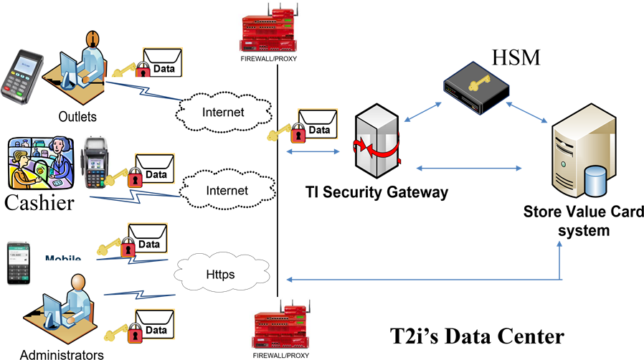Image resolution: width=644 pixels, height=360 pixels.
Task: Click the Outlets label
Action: coord(78,115)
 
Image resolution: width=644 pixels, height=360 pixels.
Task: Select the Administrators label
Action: coord(62,354)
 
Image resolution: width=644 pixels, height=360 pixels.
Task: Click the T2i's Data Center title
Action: coord(476,336)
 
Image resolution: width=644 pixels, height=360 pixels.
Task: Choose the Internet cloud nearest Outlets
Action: coord(222,112)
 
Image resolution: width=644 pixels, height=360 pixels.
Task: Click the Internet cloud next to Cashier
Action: coord(227,191)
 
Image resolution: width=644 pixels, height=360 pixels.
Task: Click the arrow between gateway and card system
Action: coord(469,168)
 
